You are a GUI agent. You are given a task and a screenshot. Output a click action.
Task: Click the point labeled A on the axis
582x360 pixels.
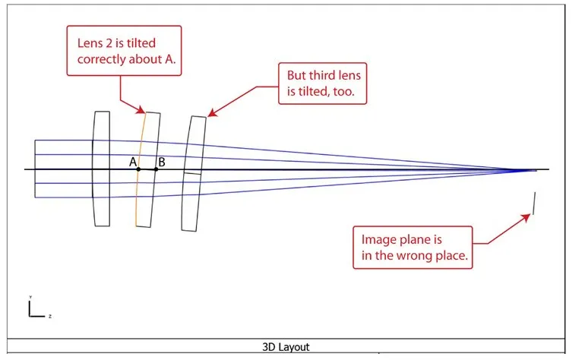click(x=138, y=169)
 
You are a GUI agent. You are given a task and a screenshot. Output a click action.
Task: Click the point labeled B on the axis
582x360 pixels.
click(x=156, y=169)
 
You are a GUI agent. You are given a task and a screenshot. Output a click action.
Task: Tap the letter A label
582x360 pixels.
click(x=132, y=162)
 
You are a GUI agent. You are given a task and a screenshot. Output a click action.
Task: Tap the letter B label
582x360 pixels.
click(x=161, y=162)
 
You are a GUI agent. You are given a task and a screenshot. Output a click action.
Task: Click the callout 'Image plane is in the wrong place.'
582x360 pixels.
click(x=412, y=247)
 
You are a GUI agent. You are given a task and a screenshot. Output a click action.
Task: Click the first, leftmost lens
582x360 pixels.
click(x=100, y=169)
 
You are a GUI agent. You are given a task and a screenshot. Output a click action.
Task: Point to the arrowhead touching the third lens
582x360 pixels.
click(x=210, y=115)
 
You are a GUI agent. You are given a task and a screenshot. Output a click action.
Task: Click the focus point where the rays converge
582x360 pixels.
click(x=524, y=169)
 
